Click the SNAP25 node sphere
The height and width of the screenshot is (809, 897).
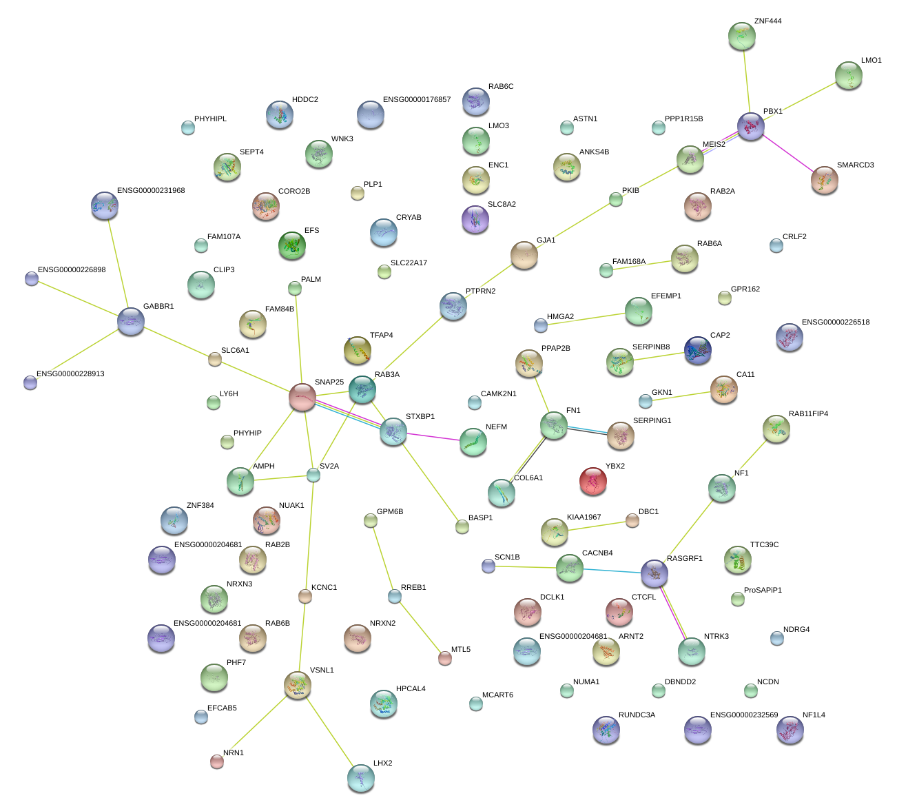pyautogui.click(x=302, y=397)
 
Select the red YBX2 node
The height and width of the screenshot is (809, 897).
pyautogui.click(x=592, y=481)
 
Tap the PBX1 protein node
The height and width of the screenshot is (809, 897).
pyautogui.click(x=751, y=126)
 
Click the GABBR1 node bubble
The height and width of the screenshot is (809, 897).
pyautogui.click(x=131, y=321)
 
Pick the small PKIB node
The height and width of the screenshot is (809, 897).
pyautogui.click(x=616, y=199)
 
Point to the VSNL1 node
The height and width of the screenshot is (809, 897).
pyautogui.click(x=297, y=684)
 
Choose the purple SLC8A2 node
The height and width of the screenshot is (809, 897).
pyautogui.click(x=475, y=218)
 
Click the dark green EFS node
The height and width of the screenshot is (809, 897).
pyautogui.click(x=291, y=245)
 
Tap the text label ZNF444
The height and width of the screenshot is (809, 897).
pyautogui.click(x=767, y=21)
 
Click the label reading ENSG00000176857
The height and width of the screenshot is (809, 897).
pyautogui.click(x=416, y=100)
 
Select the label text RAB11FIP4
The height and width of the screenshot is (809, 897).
pyautogui.click(x=808, y=414)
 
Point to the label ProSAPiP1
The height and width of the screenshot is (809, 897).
pyautogui.click(x=763, y=591)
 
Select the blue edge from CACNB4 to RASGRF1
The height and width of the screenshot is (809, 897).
pyautogui.click(x=612, y=571)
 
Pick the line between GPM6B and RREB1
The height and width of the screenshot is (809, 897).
pyautogui.click(x=382, y=559)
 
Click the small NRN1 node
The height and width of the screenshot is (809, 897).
pyautogui.click(x=217, y=761)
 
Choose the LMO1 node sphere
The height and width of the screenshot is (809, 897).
pyautogui.click(x=848, y=75)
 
